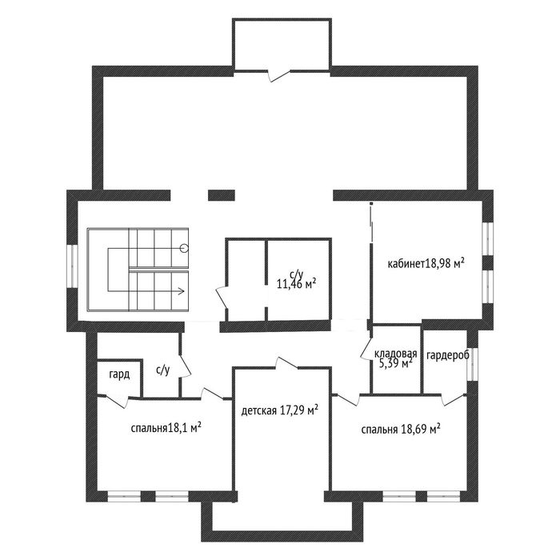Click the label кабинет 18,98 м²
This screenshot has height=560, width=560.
pyautogui.click(x=426, y=264)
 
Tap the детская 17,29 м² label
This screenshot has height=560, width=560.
pyautogui.click(x=280, y=410)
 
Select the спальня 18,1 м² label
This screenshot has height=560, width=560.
pyautogui.click(x=166, y=428)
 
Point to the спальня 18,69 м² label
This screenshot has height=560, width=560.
pyautogui.click(x=400, y=429)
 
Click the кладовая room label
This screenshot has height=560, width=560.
pyautogui.click(x=396, y=354)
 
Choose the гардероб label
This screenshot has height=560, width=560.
pyautogui.click(x=448, y=355)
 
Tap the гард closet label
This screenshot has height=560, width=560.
pyautogui.click(x=119, y=375)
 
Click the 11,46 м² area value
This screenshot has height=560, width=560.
pyautogui.click(x=297, y=284)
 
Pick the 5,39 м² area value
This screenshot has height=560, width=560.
pyautogui.click(x=395, y=363)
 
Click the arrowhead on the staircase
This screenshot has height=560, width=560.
pyautogui.click(x=182, y=290)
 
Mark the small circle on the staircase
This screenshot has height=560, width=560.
pyautogui.click(x=184, y=248)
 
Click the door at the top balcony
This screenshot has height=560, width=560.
pyautogui.click(x=280, y=75)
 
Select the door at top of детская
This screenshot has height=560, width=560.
pyautogui.click(x=286, y=362)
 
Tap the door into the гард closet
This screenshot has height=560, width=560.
pyautogui.click(x=118, y=400)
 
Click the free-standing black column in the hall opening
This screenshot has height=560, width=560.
pyautogui.click(x=222, y=195)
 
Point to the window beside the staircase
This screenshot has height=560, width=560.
pyautogui.click(x=73, y=266)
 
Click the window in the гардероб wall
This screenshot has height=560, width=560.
pyautogui.click(x=473, y=363)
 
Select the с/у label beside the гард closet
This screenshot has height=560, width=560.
pyautogui.click(x=163, y=370)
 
